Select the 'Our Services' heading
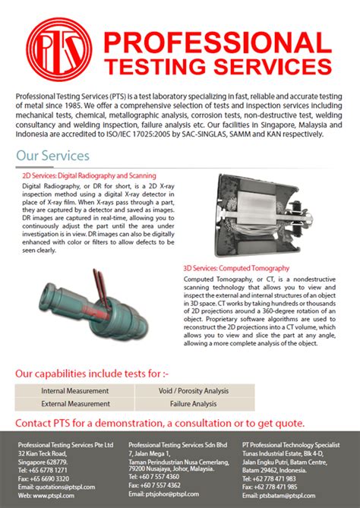coord(52,156)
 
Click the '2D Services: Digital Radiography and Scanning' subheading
coord(89,175)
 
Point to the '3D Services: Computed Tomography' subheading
coord(236,268)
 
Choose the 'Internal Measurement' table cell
coord(74,391)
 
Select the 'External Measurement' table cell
coord(74,404)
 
